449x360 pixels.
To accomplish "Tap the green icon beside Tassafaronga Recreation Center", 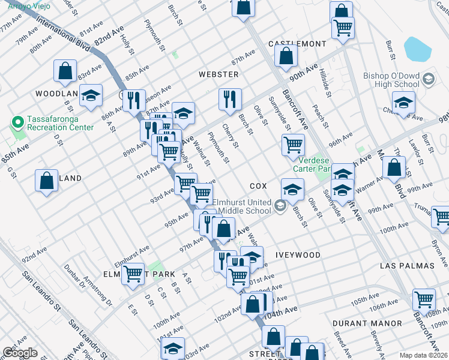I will [x=16, y=123].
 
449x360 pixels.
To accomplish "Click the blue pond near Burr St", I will [x=418, y=49].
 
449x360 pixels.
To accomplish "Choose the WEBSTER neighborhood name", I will [x=219, y=74].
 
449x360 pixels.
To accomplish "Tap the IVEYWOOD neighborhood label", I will [x=298, y=255].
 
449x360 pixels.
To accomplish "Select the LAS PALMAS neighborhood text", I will [x=406, y=265].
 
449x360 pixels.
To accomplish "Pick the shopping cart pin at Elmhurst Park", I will [x=133, y=274].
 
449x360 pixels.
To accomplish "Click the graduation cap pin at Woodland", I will [x=91, y=95].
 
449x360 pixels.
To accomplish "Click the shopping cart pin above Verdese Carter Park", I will [x=293, y=145].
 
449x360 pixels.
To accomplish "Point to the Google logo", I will [x=20, y=353].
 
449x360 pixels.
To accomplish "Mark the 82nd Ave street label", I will [x=108, y=37].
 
